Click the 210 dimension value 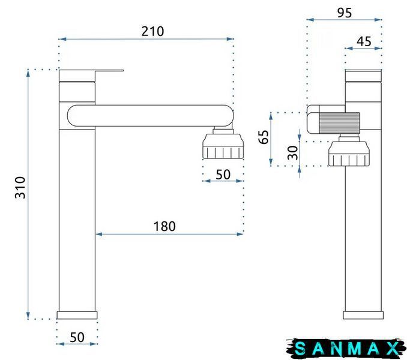(x=152, y=31)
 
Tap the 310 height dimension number (x=20, y=188)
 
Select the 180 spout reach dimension (x=164, y=226)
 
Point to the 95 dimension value (x=345, y=13)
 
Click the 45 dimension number (x=364, y=41)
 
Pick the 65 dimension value (x=263, y=137)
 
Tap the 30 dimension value (x=293, y=152)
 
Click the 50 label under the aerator (x=223, y=175)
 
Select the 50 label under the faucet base (x=77, y=337)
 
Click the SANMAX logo (x=346, y=349)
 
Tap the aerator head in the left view (x=223, y=146)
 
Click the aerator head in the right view (x=349, y=154)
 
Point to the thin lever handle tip (x=122, y=70)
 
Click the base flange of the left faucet (x=77, y=315)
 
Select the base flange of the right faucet (x=363, y=315)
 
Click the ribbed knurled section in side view (x=339, y=123)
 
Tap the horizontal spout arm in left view (x=151, y=116)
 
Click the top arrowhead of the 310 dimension (x=28, y=73)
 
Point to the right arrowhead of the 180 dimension (x=240, y=234)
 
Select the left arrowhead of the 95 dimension (x=310, y=19)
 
